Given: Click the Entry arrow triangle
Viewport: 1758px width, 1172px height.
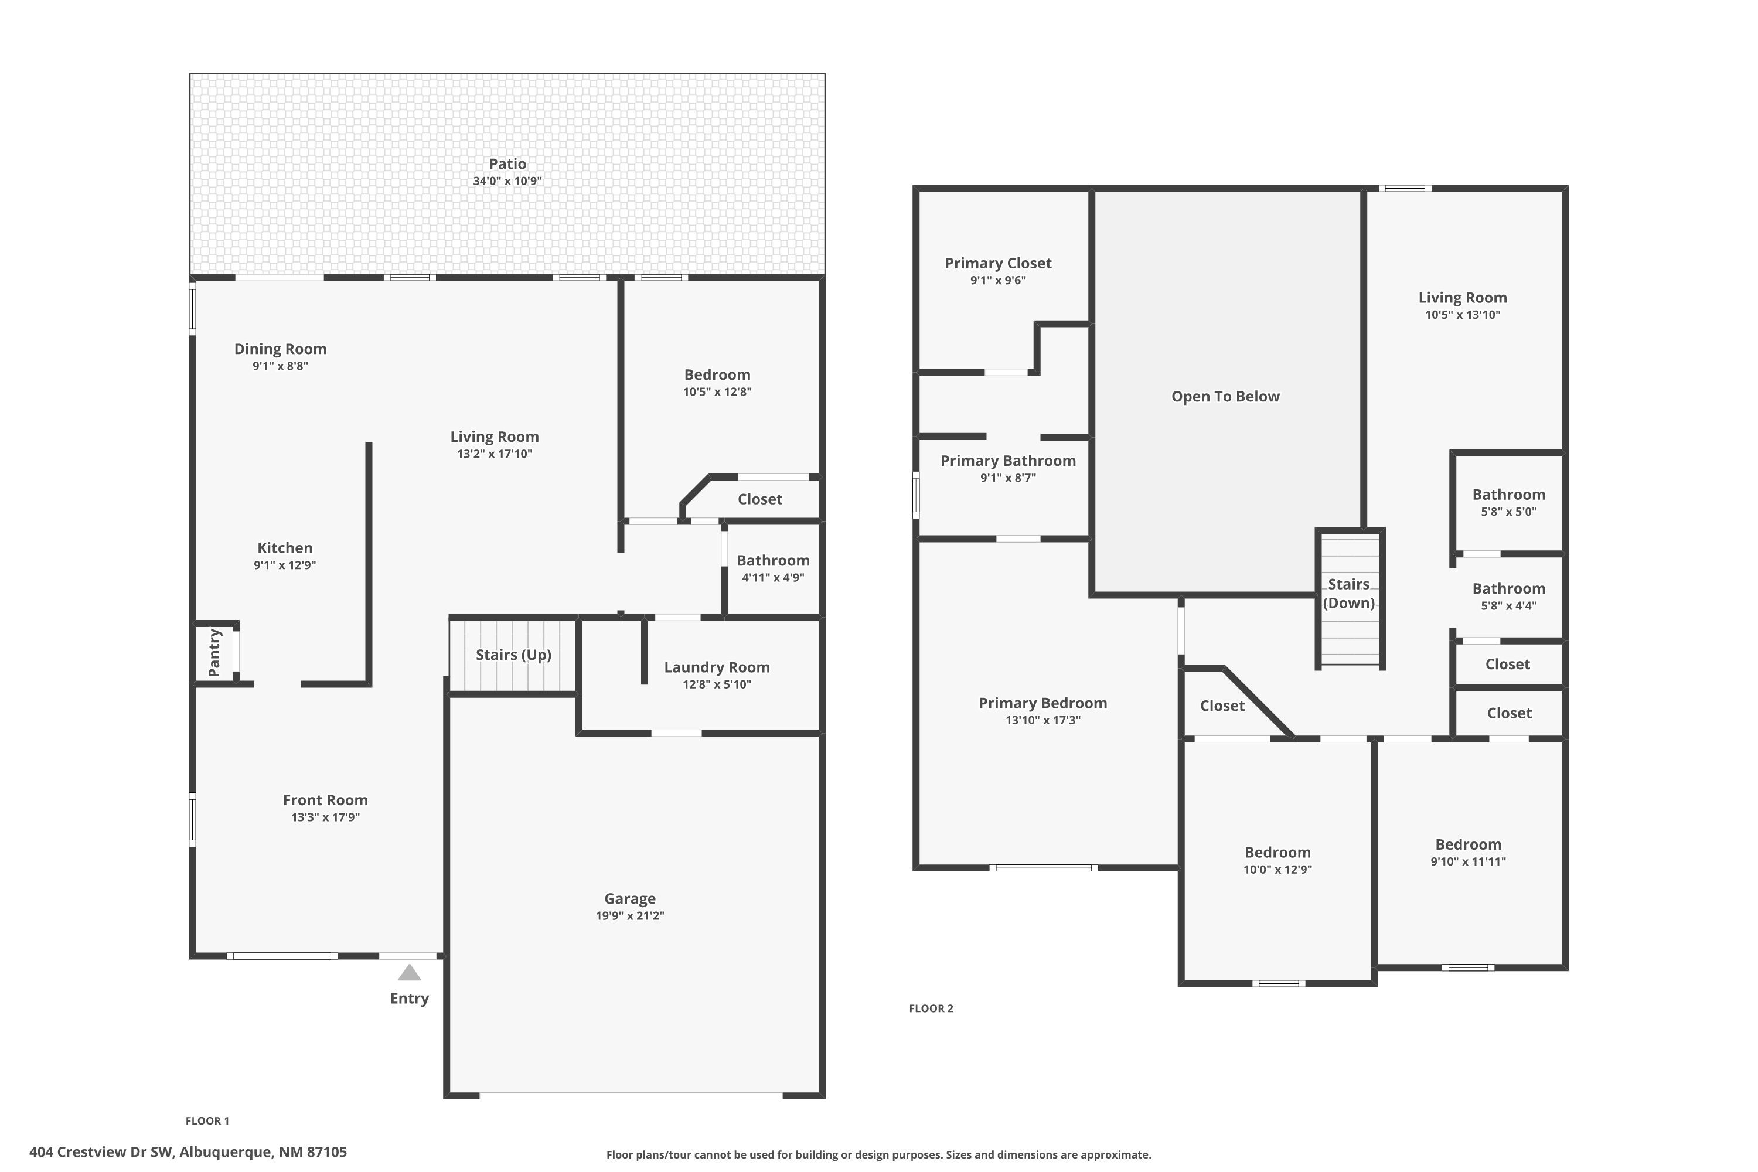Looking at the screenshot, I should click(x=409, y=972).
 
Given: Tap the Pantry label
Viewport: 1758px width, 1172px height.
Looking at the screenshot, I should click(x=214, y=653).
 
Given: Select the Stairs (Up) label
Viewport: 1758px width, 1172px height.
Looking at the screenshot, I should click(x=513, y=655).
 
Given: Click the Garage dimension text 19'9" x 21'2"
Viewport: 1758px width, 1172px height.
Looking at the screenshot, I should click(x=629, y=915).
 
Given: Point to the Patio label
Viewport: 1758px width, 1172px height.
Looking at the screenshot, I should click(x=507, y=163).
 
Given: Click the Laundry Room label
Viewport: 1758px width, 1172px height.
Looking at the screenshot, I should click(x=716, y=667).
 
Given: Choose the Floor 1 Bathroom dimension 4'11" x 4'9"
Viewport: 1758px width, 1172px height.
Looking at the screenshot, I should click(x=773, y=577).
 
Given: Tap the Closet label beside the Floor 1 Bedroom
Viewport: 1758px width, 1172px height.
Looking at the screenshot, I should click(x=759, y=499).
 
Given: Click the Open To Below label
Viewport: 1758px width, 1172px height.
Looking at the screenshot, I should click(x=1225, y=396).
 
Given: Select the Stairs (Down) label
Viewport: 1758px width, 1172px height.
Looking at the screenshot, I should click(x=1348, y=594).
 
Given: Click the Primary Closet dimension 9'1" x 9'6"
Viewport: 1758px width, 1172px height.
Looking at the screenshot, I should click(x=998, y=280).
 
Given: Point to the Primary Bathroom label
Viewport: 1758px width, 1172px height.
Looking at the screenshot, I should click(x=1007, y=461).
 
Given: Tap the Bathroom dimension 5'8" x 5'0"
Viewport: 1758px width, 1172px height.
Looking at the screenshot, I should click(x=1508, y=512).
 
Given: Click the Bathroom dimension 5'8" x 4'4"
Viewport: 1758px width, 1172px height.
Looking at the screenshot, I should click(x=1508, y=606).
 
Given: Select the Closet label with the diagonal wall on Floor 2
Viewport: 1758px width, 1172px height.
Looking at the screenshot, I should click(x=1222, y=706).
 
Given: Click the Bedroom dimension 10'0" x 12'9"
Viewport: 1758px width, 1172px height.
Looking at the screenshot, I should click(x=1277, y=869).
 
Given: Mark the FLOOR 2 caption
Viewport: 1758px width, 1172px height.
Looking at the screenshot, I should click(x=931, y=1009).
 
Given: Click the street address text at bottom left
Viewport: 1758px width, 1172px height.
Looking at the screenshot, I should click(x=188, y=1152).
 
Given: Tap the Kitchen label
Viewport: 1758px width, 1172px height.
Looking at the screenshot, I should click(x=285, y=548).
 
